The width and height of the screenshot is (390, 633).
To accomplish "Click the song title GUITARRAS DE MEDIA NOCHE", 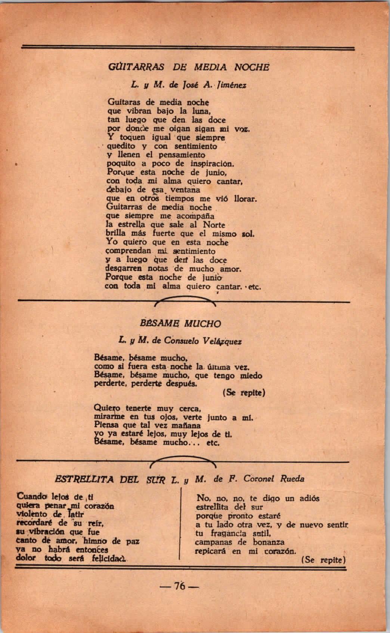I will [x=188, y=67].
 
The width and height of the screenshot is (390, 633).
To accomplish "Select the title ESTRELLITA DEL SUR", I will [x=110, y=479].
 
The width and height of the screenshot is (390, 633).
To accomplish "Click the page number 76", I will [x=180, y=586].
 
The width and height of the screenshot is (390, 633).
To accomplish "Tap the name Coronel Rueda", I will [x=274, y=479].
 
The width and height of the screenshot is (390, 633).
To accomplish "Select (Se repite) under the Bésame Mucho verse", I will [x=244, y=393].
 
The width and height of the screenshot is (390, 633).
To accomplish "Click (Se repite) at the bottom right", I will [x=322, y=560].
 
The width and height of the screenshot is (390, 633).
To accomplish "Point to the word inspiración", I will [x=212, y=164].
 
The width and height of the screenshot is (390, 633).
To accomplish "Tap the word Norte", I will [x=214, y=225].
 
